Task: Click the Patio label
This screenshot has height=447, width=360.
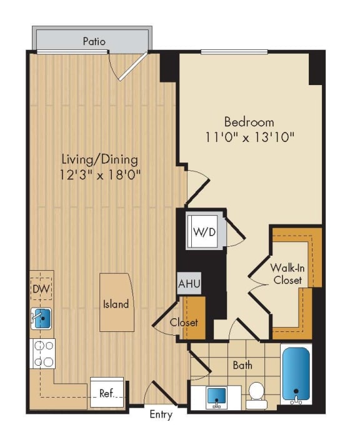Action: pos(94,42)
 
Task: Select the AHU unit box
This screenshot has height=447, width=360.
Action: pos(189,283)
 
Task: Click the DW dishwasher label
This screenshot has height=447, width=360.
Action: pos(41,289)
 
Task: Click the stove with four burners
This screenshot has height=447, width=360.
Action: pos(42,353)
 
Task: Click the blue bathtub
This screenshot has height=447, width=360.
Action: pos(297,374)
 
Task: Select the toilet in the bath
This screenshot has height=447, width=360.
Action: pos(256,394)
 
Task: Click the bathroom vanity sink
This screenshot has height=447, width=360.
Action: pos(216,396)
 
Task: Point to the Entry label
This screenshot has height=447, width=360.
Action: pos(161,414)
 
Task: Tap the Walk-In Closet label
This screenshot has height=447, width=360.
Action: pos(287,274)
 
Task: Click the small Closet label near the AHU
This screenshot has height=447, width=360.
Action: pos(184,323)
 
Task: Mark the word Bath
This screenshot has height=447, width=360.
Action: pos(242,365)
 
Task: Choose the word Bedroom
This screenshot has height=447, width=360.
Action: pos(249,121)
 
